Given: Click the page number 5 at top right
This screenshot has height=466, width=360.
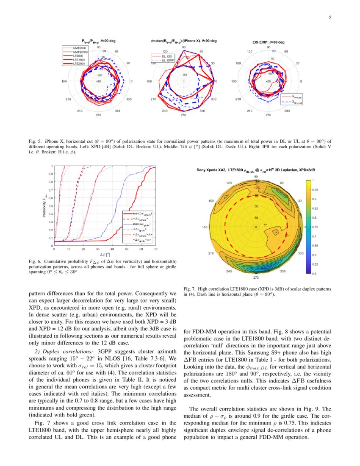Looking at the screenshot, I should [330, 17].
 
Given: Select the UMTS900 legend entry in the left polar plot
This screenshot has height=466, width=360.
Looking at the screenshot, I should [79, 48].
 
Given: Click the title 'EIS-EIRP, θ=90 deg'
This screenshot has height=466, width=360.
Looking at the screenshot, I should [266, 42].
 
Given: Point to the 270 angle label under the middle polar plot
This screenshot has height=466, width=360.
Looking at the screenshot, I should [183, 115].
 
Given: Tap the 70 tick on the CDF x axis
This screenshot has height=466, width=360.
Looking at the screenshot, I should [155, 249].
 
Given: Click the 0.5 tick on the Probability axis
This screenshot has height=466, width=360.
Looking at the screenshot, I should [51, 205].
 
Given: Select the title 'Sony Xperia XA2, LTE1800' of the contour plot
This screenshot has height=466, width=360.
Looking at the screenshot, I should [220, 169].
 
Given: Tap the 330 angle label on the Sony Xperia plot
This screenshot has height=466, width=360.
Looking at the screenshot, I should [301, 253].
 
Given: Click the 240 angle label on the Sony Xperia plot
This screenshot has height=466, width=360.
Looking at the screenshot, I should [229, 271].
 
